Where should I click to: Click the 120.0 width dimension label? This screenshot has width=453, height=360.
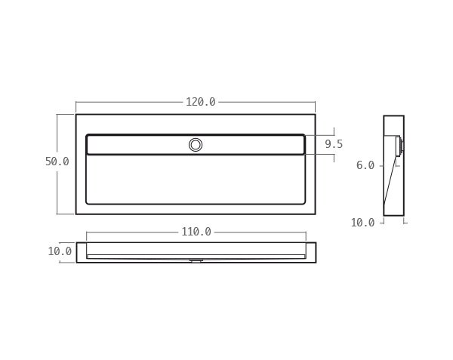click(x=201, y=102)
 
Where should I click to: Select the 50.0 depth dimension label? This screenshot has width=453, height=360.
click(x=57, y=162)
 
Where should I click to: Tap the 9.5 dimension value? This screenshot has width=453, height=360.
click(x=334, y=144)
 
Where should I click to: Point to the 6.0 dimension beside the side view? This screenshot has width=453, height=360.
click(x=365, y=165)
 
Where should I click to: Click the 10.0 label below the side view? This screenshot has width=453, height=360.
click(x=362, y=223)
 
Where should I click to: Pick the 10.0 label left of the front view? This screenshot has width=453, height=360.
click(x=60, y=251)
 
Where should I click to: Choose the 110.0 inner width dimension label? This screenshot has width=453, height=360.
click(x=196, y=232)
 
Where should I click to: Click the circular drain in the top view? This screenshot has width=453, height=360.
click(x=196, y=145)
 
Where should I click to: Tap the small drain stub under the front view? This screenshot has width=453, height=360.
click(x=196, y=260)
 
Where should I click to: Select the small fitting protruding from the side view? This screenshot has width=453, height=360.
click(x=400, y=146)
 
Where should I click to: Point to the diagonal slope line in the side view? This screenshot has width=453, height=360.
click(x=390, y=181)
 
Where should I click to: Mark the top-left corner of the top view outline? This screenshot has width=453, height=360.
click(x=76, y=115)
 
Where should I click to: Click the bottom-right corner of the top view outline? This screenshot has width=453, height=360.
click(x=315, y=214)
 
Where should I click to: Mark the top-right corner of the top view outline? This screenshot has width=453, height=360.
click(x=315, y=115)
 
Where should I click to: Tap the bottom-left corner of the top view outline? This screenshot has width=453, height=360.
click(x=76, y=214)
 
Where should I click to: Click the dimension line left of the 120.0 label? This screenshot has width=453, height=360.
click(x=128, y=102)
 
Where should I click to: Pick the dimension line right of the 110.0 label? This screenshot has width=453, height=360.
click(x=260, y=232)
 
